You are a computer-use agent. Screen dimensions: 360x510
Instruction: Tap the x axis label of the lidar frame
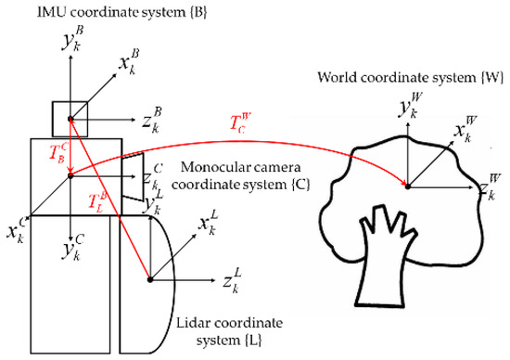[x=210, y=225]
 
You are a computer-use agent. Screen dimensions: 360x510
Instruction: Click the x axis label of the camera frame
[x=15, y=228]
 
